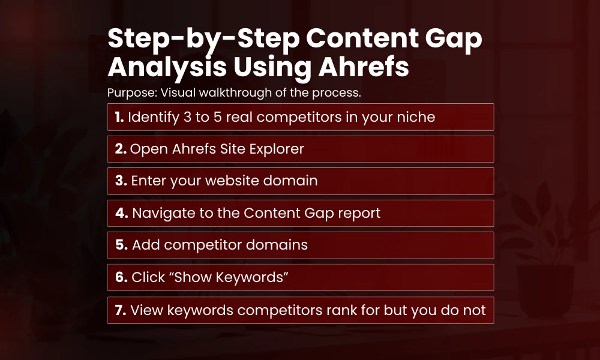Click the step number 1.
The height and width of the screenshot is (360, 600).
119,117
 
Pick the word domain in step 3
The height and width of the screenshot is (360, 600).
291,181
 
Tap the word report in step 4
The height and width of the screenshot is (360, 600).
358,213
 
